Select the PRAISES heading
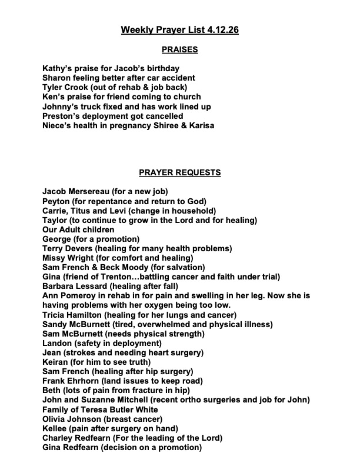[x=180, y=49]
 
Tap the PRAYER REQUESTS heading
[x=180, y=173]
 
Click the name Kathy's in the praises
[x=58, y=68]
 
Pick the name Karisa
[x=200, y=125]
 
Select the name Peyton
[x=57, y=201]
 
